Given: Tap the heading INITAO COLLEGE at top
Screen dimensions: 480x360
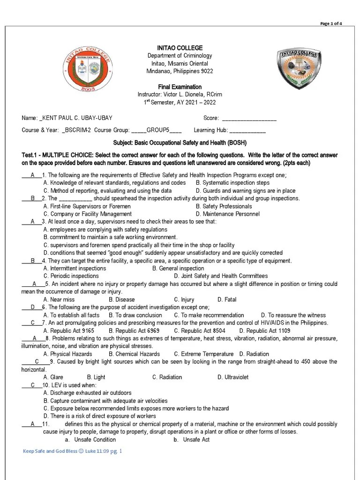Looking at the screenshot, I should click(180, 48).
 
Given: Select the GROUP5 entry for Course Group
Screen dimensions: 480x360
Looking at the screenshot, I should click(158, 130).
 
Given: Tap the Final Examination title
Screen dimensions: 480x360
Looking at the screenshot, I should click(180, 87).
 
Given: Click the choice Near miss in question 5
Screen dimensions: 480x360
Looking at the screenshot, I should click(62, 300).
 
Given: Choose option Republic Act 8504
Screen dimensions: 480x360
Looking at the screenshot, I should click(200, 330).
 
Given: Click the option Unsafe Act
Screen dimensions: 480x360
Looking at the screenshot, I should click(196, 440).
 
